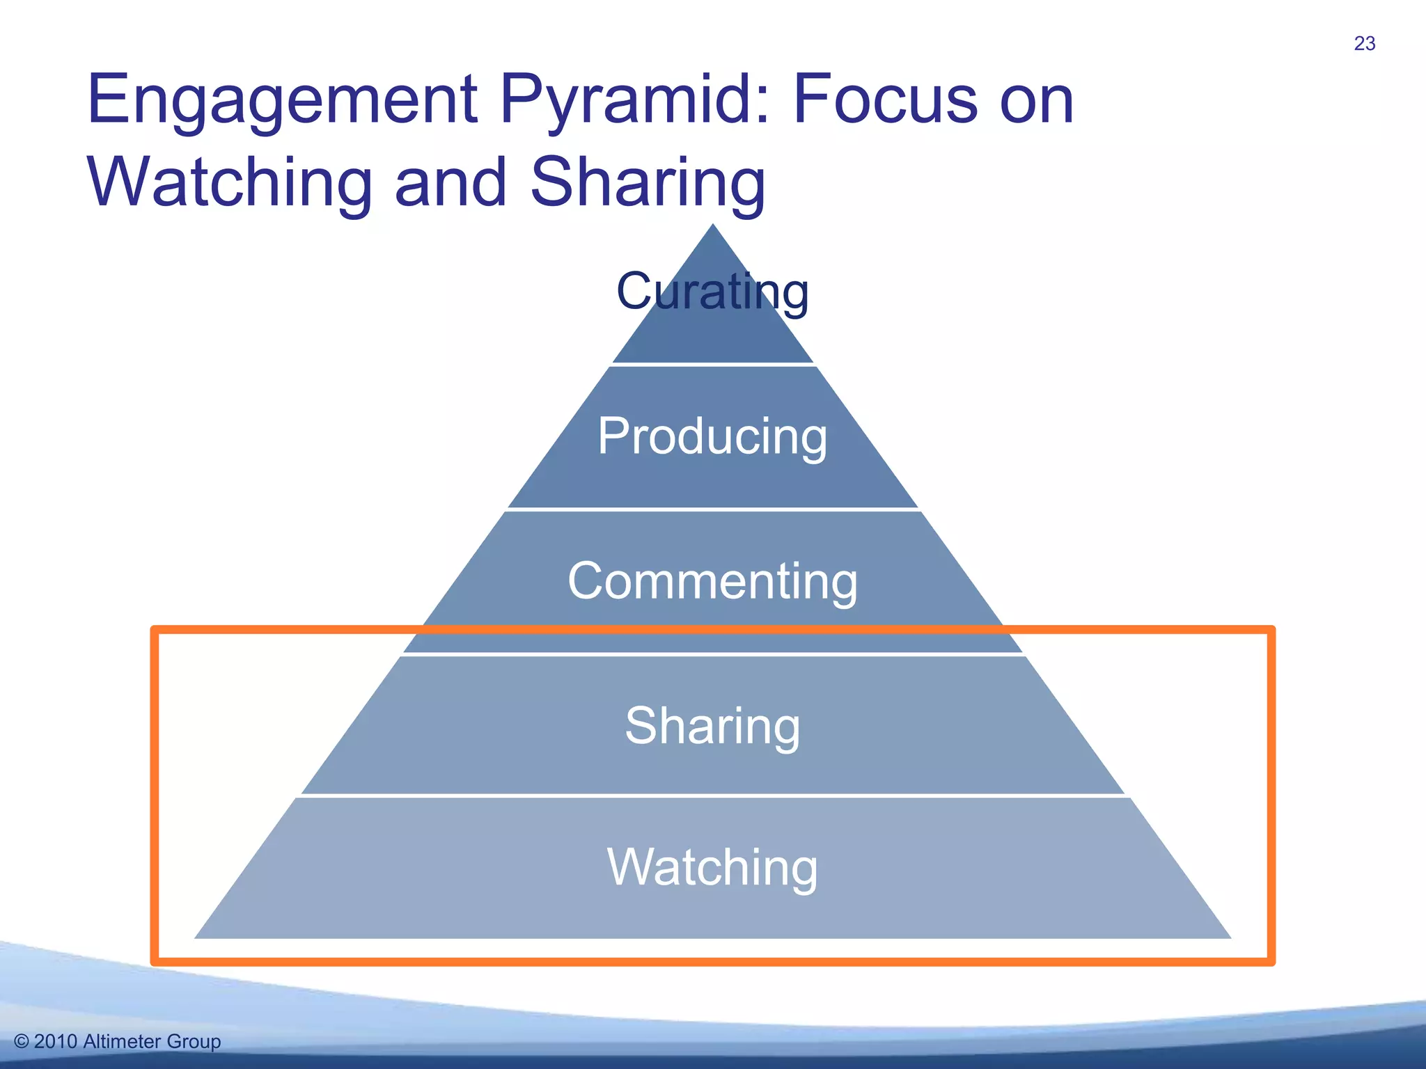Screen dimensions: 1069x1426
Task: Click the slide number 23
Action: pyautogui.click(x=1364, y=44)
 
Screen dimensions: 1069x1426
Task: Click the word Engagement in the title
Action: pyautogui.click(x=282, y=101)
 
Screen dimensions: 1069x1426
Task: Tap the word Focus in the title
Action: pyautogui.click(x=884, y=101)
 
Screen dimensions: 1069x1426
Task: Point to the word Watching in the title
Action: pyautogui.click(x=230, y=182)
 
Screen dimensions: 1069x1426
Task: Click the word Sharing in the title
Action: pyautogui.click(x=648, y=182)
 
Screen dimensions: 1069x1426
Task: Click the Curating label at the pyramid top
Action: pyautogui.click(x=712, y=292)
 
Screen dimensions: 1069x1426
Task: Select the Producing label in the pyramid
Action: pyautogui.click(x=712, y=436)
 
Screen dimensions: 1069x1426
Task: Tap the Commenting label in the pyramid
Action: pyautogui.click(x=712, y=581)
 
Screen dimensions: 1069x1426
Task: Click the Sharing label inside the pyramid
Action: pyautogui.click(x=712, y=726)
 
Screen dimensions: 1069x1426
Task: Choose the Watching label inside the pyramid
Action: pyautogui.click(x=712, y=867)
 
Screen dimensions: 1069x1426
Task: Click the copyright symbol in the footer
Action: pyautogui.click(x=22, y=1041)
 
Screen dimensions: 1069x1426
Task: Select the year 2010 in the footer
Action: pyautogui.click(x=56, y=1041)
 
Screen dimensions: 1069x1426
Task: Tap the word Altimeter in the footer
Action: pyautogui.click(x=122, y=1041)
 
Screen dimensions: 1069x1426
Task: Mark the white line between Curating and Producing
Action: pyautogui.click(x=712, y=364)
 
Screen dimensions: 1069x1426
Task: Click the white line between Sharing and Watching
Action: pyautogui.click(x=712, y=795)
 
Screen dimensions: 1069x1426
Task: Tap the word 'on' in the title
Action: pyautogui.click(x=1037, y=101)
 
